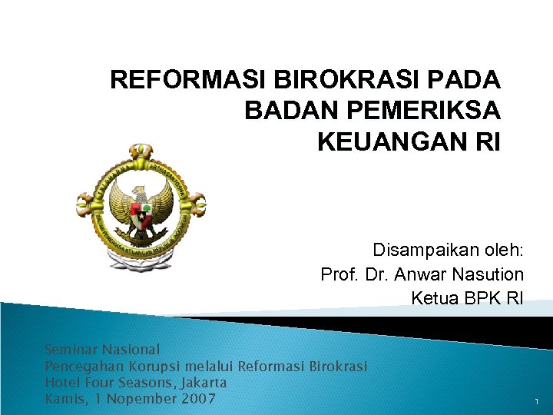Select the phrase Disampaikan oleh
(448, 251)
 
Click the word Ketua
(435, 298)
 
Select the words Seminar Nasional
(102, 350)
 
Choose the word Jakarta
(202, 382)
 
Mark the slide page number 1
(535, 401)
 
